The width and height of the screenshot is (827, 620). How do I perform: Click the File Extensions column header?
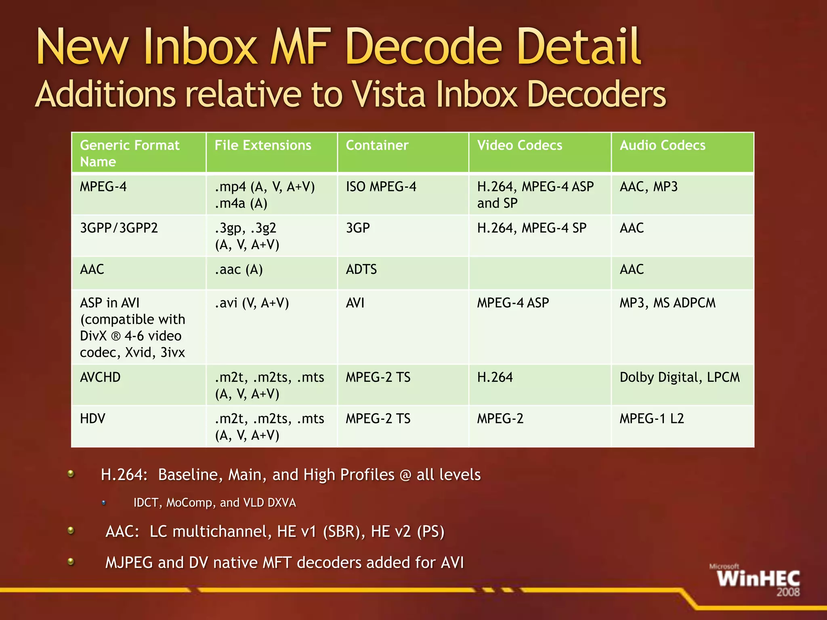(263, 145)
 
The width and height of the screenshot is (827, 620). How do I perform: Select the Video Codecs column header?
(519, 145)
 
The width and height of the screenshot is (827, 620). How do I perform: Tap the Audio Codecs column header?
(662, 145)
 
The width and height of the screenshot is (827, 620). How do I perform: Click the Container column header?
(377, 145)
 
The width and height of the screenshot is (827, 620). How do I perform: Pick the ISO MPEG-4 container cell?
(381, 187)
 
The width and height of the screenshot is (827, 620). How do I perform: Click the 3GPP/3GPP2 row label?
(119, 228)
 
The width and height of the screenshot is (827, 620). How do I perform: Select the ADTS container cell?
(361, 270)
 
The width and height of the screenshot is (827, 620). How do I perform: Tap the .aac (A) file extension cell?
(239, 270)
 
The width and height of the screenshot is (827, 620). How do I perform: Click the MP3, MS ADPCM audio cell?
(667, 303)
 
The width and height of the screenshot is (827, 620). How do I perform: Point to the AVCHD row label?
(100, 377)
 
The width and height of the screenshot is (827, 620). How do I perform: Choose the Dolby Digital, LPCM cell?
(680, 377)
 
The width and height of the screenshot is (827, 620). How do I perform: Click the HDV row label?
(92, 419)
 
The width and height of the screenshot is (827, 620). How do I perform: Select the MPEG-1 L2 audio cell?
(652, 419)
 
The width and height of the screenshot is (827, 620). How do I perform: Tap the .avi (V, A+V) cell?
(252, 303)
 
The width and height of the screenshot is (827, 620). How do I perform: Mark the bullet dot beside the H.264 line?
(71, 473)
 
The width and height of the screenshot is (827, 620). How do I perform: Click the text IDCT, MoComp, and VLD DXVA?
(214, 503)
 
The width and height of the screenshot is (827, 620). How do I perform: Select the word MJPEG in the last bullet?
(129, 563)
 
